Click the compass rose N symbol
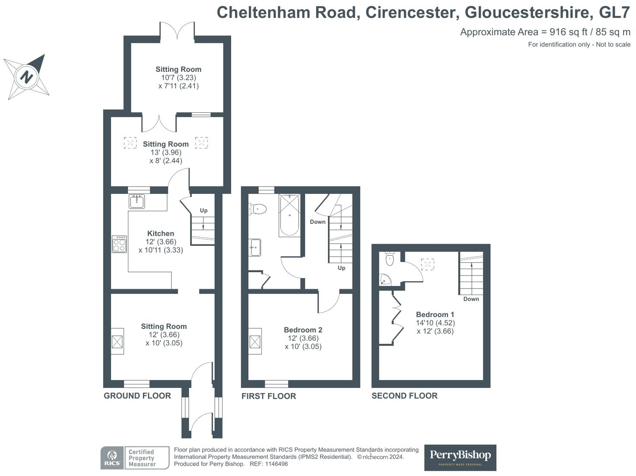pyautogui.click(x=26, y=77)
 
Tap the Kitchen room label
pyautogui.click(x=161, y=233)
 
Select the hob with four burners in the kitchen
pyautogui.click(x=119, y=244)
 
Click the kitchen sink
pyautogui.click(x=137, y=201)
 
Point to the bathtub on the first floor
pyautogui.click(x=289, y=215)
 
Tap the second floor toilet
pyautogui.click(x=390, y=259)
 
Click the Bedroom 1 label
pyautogui.click(x=435, y=314)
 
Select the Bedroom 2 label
pyautogui.click(x=303, y=330)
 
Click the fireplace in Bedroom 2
pyautogui.click(x=255, y=341)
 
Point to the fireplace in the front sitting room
pyautogui.click(x=118, y=342)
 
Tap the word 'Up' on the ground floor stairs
pyautogui.click(x=204, y=210)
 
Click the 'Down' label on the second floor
pyautogui.click(x=471, y=299)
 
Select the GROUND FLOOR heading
pyautogui.click(x=137, y=396)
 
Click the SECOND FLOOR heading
pyautogui.click(x=404, y=396)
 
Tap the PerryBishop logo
pyautogui.click(x=460, y=457)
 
